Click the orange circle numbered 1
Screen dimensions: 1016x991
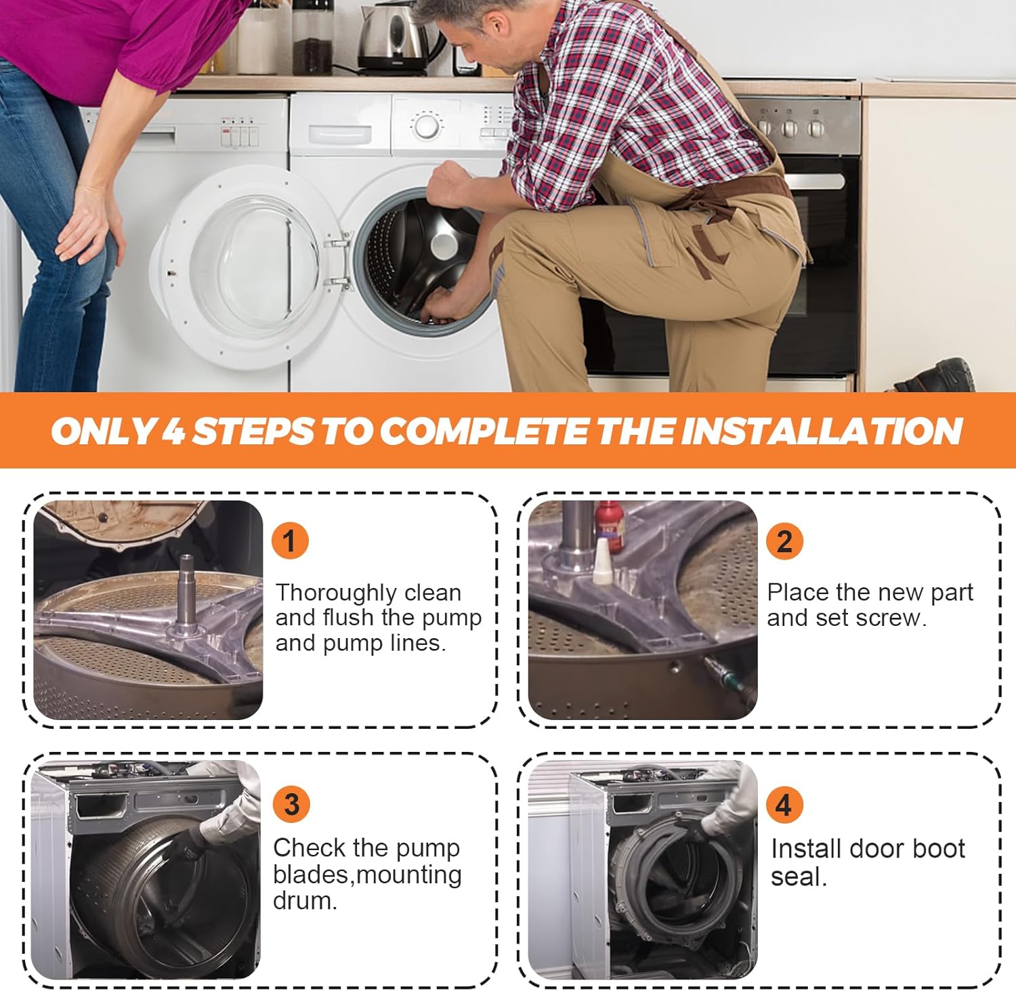[x=290, y=541]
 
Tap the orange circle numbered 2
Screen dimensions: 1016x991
[x=784, y=541]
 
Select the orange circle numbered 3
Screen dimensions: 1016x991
[x=291, y=804]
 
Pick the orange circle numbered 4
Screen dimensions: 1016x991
[x=784, y=804]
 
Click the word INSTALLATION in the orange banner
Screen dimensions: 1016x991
[x=821, y=431]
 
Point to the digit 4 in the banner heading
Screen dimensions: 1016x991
[x=173, y=431]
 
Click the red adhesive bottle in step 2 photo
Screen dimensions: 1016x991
[x=608, y=526]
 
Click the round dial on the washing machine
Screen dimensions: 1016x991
[x=427, y=127]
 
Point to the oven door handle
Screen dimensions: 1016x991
[x=816, y=182]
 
